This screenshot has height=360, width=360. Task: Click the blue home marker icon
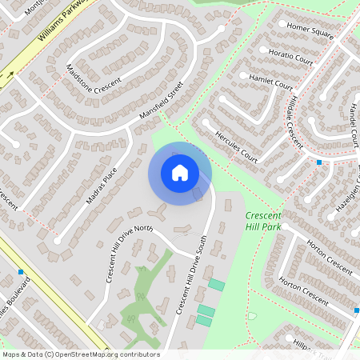(x=180, y=173)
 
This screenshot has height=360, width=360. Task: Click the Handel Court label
(x=352, y=125)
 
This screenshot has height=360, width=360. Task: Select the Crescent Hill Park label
(x=264, y=222)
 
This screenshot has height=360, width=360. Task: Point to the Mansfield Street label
(x=161, y=101)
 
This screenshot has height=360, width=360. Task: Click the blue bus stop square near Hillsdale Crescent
(x=319, y=162)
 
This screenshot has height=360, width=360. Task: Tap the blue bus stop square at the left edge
(x=21, y=272)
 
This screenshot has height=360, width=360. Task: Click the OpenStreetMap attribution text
(x=81, y=354)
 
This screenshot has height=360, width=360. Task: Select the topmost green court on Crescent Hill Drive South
(x=216, y=285)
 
